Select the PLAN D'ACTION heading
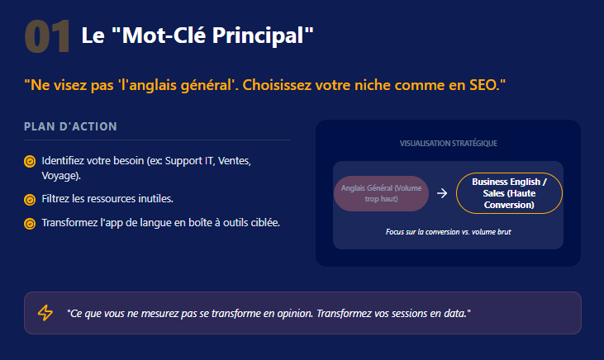(x=71, y=127)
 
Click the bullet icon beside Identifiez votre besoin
(x=30, y=161)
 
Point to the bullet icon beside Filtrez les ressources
(x=30, y=200)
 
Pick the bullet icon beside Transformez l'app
(x=30, y=223)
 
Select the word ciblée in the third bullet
(x=261, y=222)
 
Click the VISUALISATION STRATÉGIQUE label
(x=448, y=144)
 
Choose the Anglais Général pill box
(x=381, y=192)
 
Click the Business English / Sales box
(x=509, y=192)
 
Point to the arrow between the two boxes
(x=442, y=193)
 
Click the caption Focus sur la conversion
(x=448, y=232)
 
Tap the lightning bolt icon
(x=45, y=313)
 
